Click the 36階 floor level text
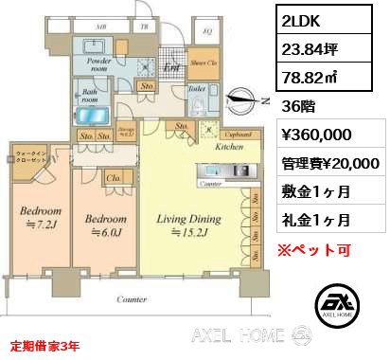click(294, 107)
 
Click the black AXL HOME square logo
click(336, 304)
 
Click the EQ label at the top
click(207, 28)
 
